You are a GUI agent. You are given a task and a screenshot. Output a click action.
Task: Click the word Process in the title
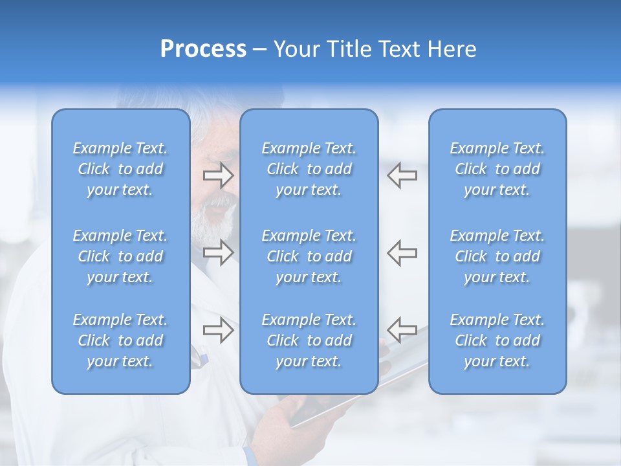(203, 49)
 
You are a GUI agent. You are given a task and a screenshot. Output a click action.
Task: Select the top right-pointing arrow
(218, 175)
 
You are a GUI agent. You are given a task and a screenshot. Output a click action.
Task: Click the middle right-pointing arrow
(218, 252)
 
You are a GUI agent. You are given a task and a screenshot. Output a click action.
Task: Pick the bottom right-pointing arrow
(218, 330)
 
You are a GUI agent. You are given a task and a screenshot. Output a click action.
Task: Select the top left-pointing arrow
(402, 175)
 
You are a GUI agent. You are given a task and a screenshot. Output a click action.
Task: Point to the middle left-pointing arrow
(402, 252)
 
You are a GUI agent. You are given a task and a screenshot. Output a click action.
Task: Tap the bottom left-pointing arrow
(402, 330)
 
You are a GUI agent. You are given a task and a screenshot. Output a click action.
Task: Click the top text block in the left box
(120, 169)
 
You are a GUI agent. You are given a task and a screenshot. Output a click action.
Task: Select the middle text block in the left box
(120, 256)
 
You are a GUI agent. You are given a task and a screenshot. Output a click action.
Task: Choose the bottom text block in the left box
(120, 340)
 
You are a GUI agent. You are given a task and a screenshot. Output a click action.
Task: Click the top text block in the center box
(309, 169)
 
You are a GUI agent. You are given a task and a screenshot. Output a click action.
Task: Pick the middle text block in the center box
(309, 256)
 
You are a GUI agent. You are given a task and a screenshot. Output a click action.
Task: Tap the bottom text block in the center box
(309, 340)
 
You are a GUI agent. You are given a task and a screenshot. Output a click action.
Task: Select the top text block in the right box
(497, 169)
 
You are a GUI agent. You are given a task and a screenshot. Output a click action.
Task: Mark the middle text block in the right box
(497, 256)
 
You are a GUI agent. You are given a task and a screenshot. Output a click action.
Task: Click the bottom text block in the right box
(497, 340)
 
